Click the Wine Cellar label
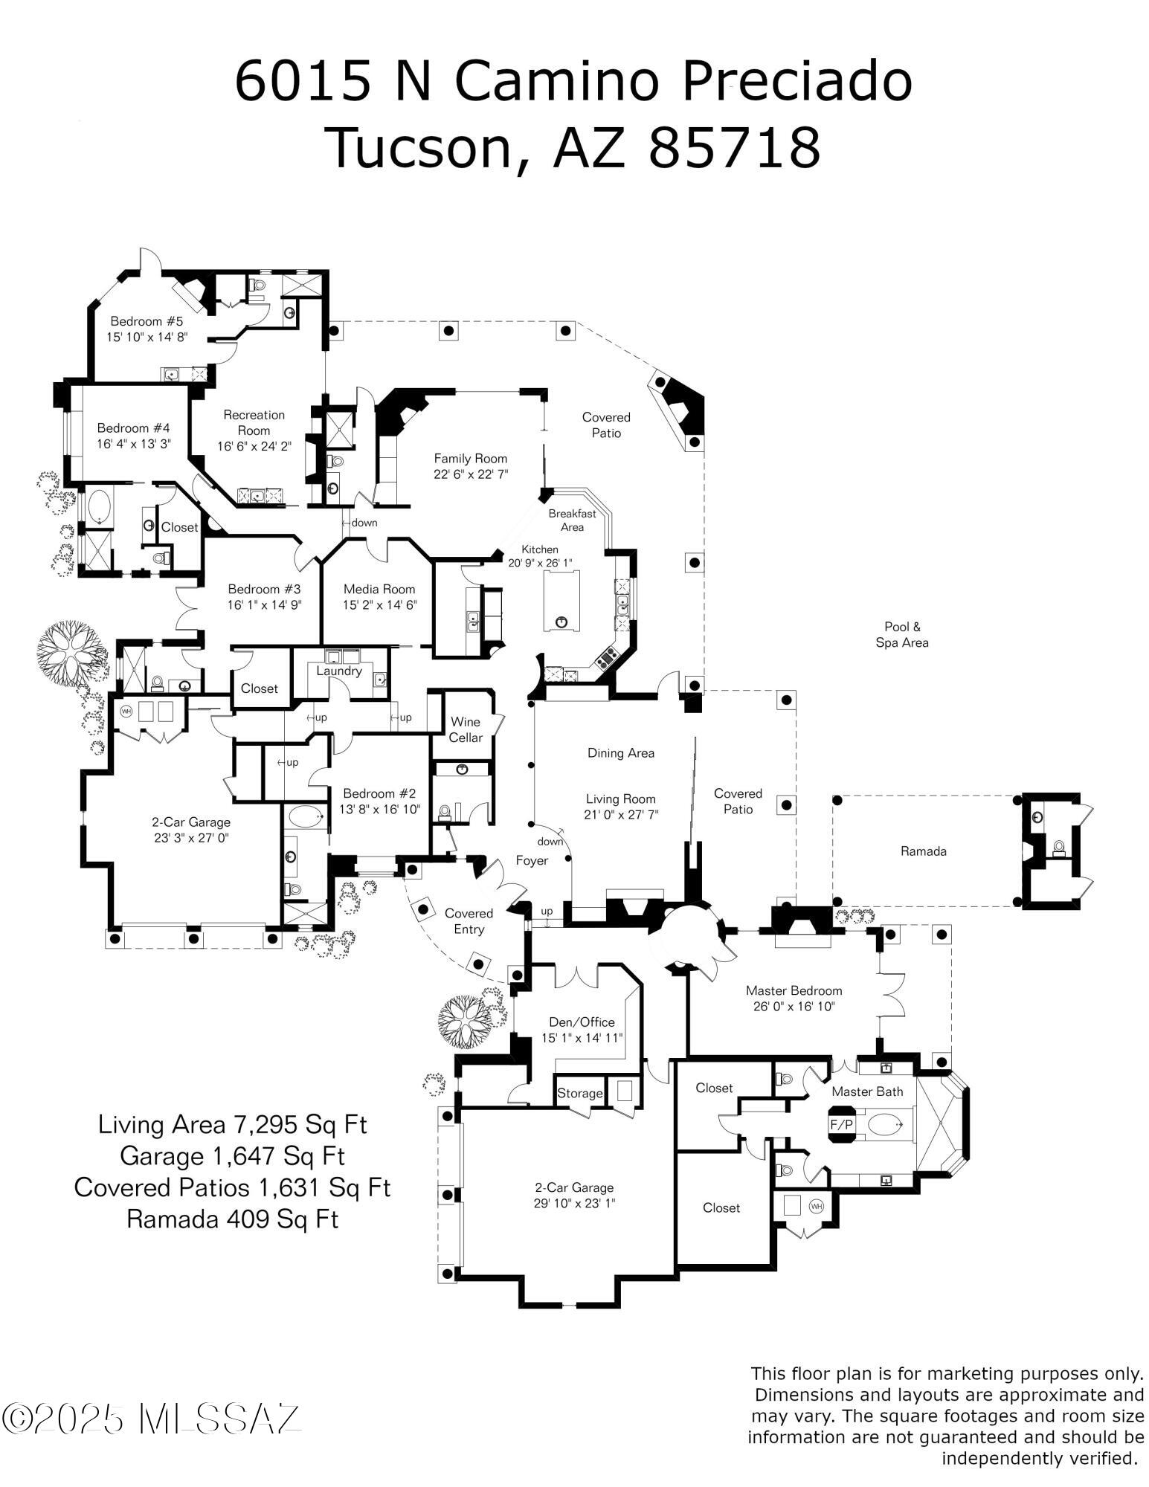466,729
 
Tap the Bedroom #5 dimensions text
147,337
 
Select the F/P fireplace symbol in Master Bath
841,1124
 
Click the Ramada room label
923,851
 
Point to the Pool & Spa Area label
901,634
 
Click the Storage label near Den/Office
579,1093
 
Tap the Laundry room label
338,671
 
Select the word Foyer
532,860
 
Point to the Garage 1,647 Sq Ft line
232,1155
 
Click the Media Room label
379,589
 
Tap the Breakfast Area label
572,520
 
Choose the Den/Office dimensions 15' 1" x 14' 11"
582,1038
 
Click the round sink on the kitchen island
561,621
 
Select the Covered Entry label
469,920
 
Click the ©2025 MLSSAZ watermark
151,1419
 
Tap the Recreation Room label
254,422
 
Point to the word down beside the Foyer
550,842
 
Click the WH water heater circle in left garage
126,711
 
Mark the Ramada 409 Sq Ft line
232,1219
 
